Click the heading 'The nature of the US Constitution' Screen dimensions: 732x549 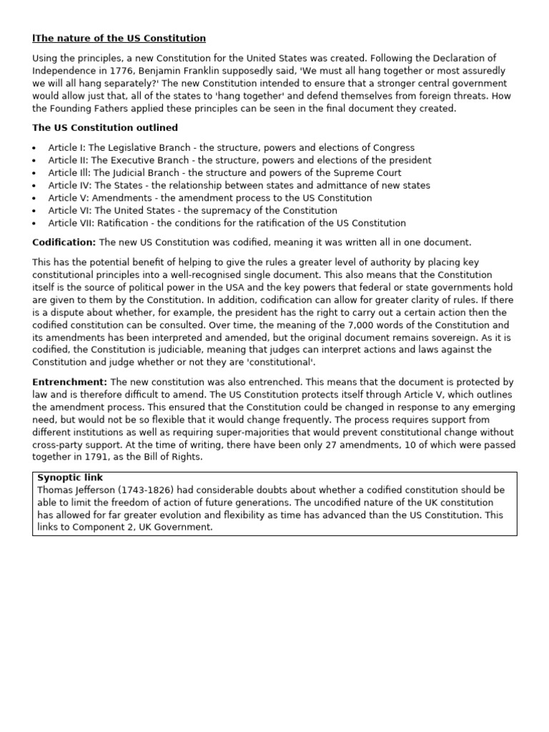[x=119, y=38]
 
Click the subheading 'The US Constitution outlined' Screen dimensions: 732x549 [x=105, y=128]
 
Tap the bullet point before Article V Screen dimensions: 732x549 [x=35, y=198]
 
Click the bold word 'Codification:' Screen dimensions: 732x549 [x=64, y=242]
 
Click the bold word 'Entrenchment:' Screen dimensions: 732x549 [x=69, y=382]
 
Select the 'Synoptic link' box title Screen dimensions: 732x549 [x=70, y=478]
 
